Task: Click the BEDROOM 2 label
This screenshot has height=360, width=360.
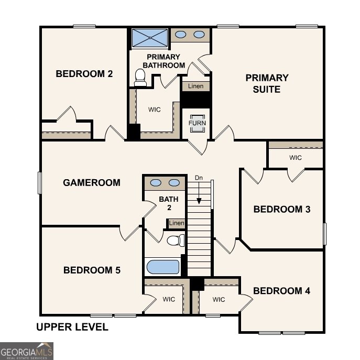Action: tap(84, 74)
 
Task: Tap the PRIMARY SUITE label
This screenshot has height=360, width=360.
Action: tap(267, 83)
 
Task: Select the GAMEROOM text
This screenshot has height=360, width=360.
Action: tap(92, 183)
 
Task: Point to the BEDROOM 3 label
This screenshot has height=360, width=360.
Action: tap(282, 210)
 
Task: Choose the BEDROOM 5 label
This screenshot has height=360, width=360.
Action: tap(92, 270)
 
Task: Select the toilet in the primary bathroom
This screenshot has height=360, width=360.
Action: tap(140, 78)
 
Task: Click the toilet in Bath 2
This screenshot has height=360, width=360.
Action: tap(176, 241)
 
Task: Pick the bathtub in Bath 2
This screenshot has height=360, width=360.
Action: tap(163, 267)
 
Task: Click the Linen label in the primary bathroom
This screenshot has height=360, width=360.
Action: tap(196, 86)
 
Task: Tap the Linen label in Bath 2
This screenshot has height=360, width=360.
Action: tap(177, 224)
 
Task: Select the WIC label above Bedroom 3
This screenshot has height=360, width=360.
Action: tap(296, 157)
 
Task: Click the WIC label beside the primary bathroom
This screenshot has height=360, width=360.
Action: tap(154, 110)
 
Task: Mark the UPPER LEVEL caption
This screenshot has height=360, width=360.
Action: tap(72, 328)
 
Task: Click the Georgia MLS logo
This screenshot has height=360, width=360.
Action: tap(26, 351)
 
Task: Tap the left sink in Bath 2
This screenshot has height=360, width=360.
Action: tap(156, 183)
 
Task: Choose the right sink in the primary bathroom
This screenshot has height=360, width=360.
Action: tap(199, 35)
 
